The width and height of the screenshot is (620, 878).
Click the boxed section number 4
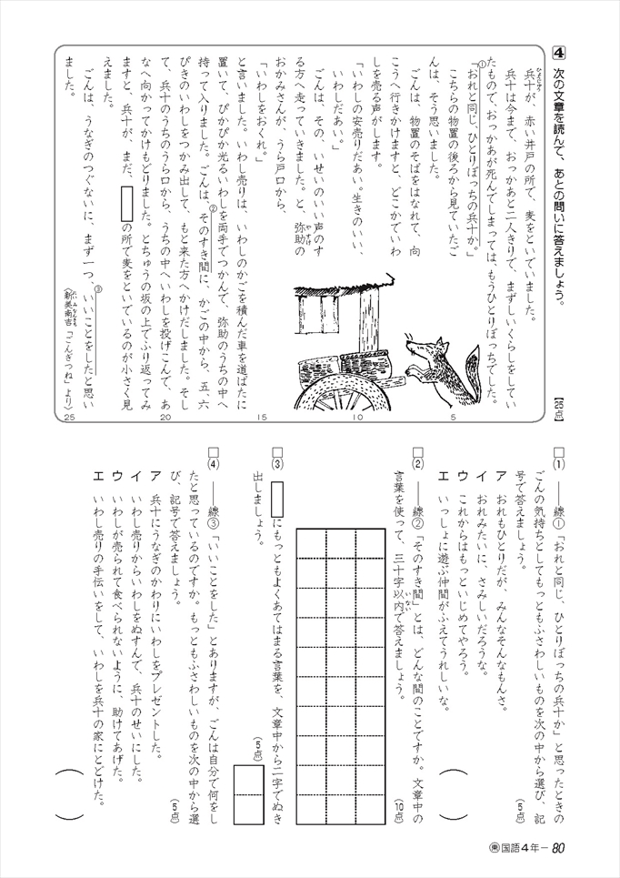tap(560, 52)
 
